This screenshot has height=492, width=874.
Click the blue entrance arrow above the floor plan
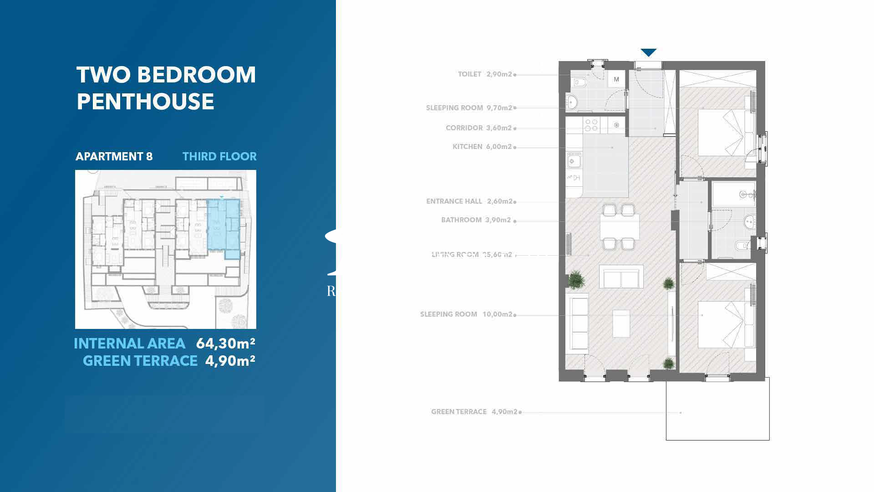pyautogui.click(x=648, y=53)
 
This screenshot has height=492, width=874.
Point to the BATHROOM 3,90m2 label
pyautogui.click(x=476, y=220)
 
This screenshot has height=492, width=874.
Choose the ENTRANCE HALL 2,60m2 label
pyautogui.click(x=470, y=201)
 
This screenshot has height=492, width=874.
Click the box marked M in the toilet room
pyautogui.click(x=616, y=80)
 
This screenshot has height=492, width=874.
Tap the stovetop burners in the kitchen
pyautogui.click(x=591, y=125)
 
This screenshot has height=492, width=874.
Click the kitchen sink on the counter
pyautogui.click(x=574, y=161)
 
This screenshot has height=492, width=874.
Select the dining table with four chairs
pyautogui.click(x=619, y=226)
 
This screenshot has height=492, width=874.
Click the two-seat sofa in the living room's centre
pyautogui.click(x=621, y=277)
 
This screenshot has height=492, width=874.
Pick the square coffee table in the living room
pyautogui.click(x=621, y=323)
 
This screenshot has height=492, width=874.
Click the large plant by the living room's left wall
pyautogui.click(x=576, y=279)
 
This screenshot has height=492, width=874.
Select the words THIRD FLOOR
pyautogui.click(x=219, y=157)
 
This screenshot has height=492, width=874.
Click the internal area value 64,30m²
pyautogui.click(x=225, y=343)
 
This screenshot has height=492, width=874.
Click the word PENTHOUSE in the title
pyautogui.click(x=145, y=102)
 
